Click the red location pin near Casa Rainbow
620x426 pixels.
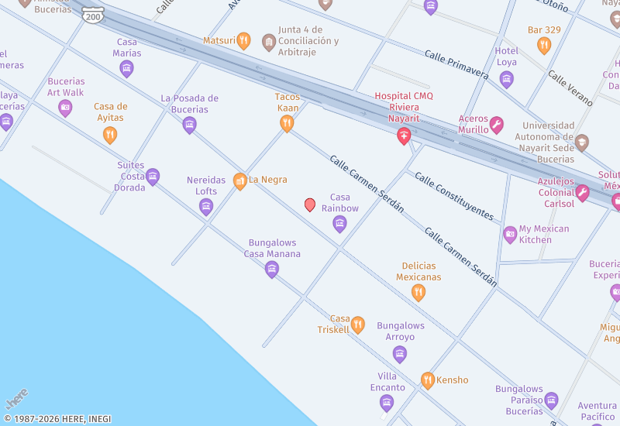click(x=310, y=204)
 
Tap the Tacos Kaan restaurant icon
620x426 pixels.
click(x=287, y=123)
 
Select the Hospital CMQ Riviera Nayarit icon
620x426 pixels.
click(x=404, y=136)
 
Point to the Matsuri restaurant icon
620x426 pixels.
click(x=243, y=40)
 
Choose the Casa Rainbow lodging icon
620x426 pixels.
click(x=339, y=224)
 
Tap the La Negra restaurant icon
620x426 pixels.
click(x=240, y=180)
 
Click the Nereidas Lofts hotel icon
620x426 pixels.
click(x=206, y=206)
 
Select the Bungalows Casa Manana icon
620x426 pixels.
click(x=272, y=269)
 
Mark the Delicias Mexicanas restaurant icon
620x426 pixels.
click(x=418, y=292)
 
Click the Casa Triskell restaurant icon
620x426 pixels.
click(x=357, y=325)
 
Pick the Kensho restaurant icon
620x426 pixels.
click(x=427, y=380)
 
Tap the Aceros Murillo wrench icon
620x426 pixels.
click(x=497, y=124)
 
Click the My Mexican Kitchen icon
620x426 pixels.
click(x=510, y=234)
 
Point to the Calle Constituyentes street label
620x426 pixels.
click(x=453, y=195)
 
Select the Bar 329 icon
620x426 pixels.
click(x=544, y=45)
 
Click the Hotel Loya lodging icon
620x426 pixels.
click(x=506, y=79)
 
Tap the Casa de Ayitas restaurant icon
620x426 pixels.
click(x=110, y=135)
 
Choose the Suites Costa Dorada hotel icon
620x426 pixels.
click(x=153, y=177)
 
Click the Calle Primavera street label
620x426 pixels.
click(x=456, y=65)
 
